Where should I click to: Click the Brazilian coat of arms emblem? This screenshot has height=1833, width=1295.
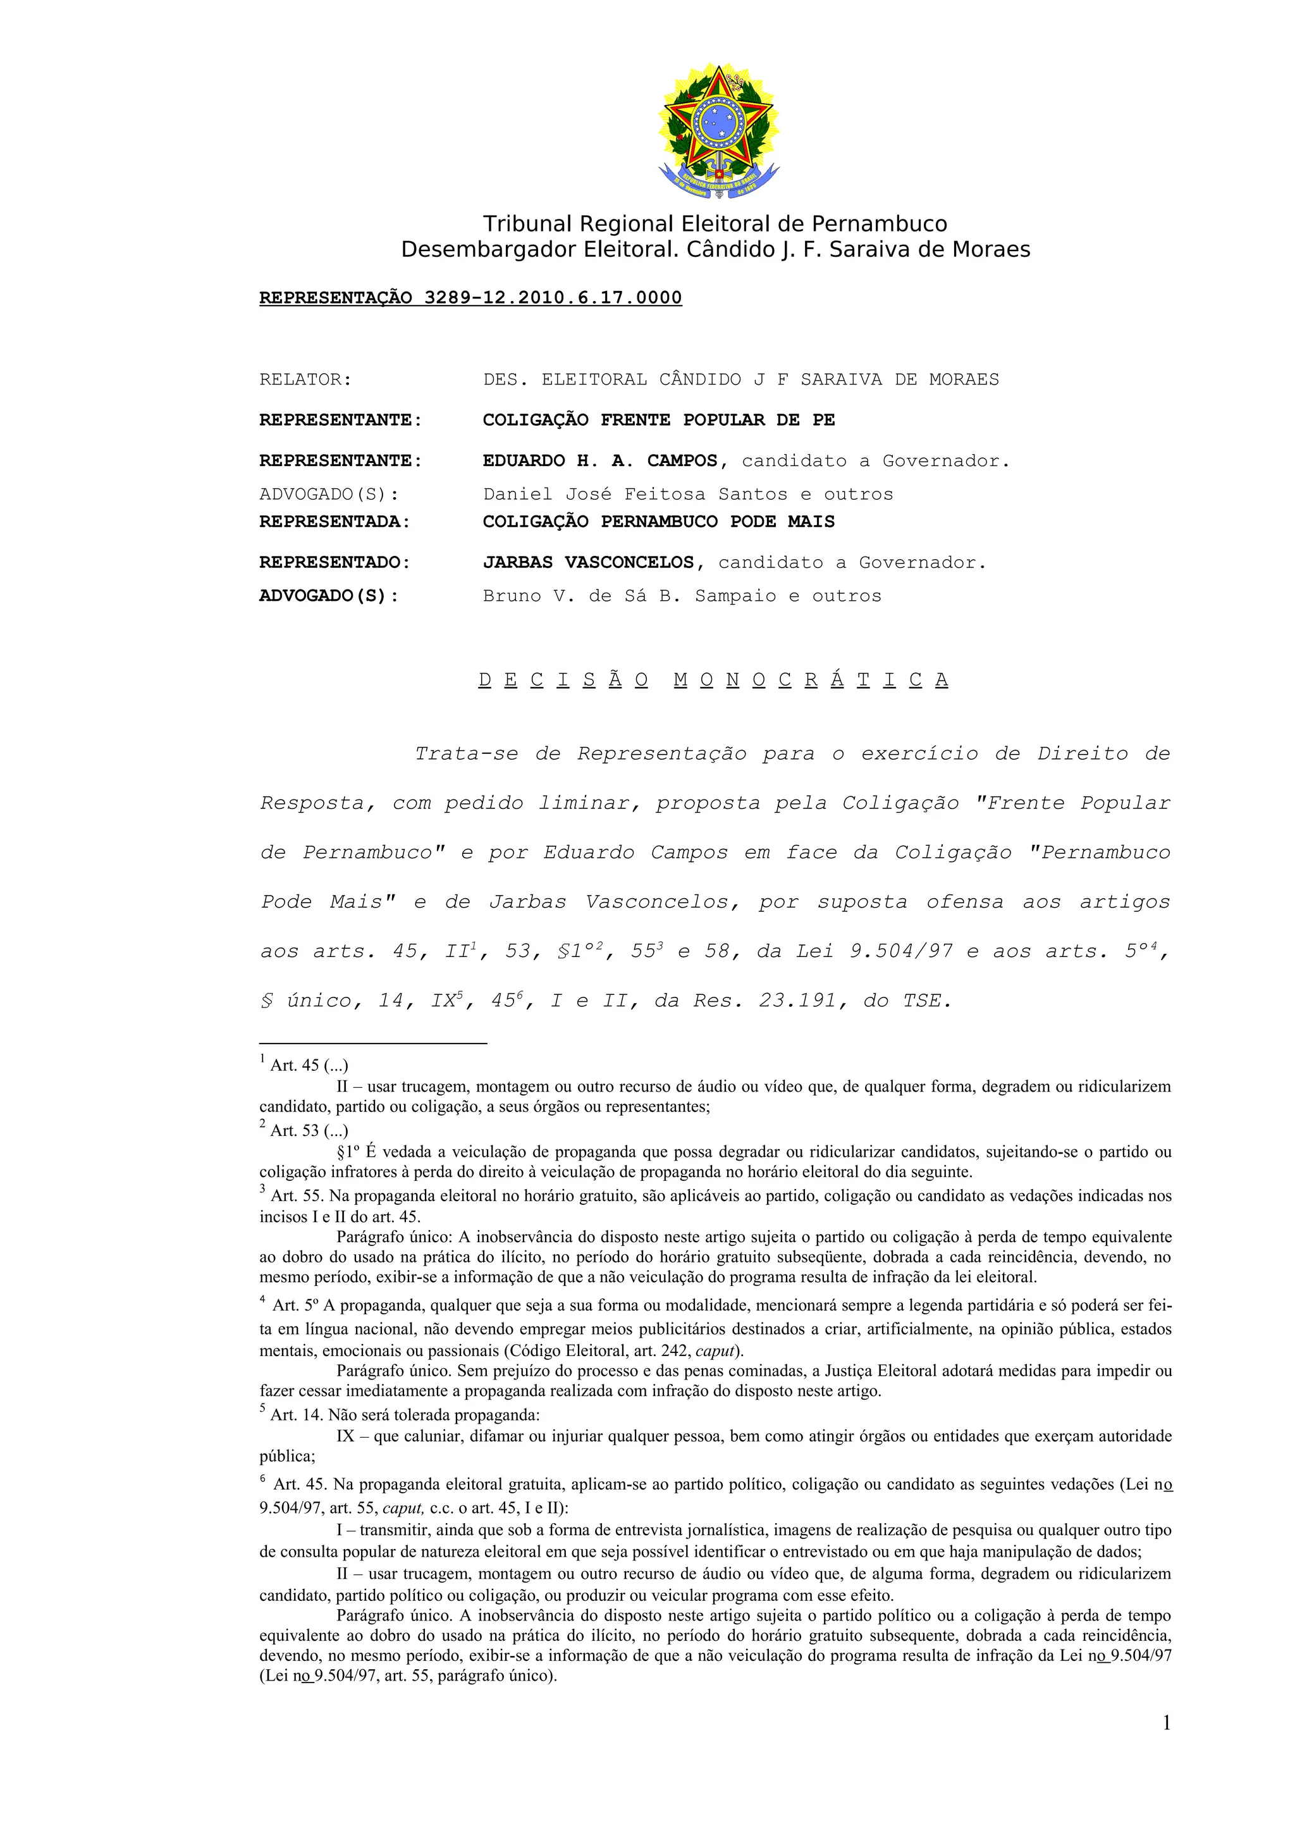click(x=718, y=132)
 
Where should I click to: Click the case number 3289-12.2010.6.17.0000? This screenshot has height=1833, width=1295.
click(x=552, y=298)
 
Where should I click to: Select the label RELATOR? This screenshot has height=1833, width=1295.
click(x=305, y=380)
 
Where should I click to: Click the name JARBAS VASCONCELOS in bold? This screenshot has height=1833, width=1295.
click(x=588, y=563)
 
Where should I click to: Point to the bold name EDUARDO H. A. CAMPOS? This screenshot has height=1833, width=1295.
click(x=600, y=460)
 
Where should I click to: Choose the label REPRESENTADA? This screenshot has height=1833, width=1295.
click(x=334, y=522)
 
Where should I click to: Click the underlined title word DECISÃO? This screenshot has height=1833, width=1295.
click(x=563, y=680)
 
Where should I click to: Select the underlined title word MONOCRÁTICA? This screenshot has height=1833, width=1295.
click(x=811, y=680)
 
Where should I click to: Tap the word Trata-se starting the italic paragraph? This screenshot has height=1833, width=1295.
click(x=466, y=754)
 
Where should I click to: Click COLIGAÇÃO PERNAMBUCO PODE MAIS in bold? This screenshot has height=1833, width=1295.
click(x=658, y=522)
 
